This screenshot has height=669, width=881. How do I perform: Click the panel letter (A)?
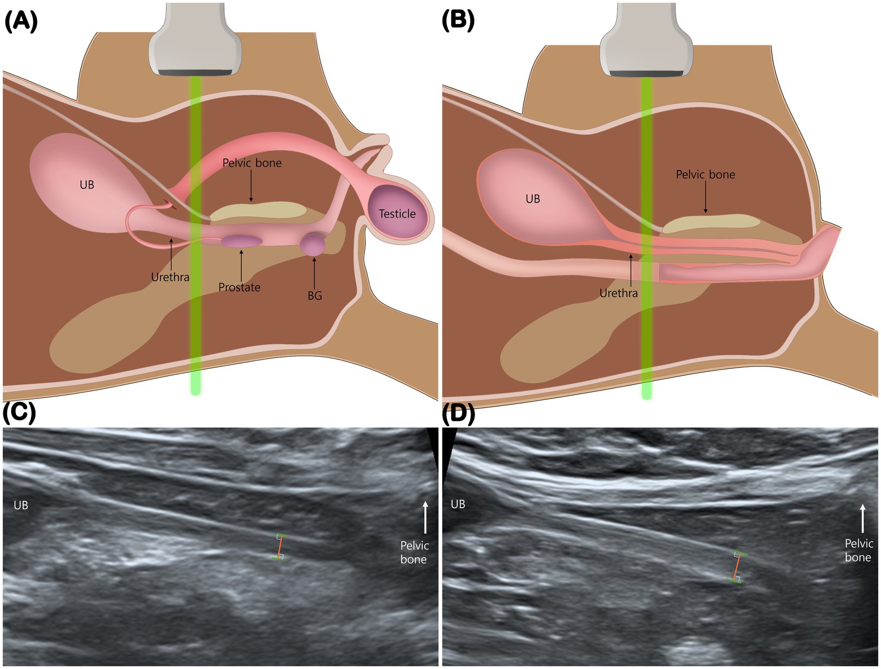tap(21, 21)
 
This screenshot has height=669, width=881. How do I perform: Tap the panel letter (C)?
tap(19, 412)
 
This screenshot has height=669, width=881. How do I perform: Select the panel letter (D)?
tap(458, 414)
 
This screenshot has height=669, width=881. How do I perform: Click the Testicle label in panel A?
tap(397, 214)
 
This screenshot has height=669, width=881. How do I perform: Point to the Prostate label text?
tap(239, 287)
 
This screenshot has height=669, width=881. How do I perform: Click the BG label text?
tap(315, 296)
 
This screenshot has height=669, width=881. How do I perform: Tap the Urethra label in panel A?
tap(170, 277)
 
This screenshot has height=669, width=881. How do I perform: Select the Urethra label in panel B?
tap(618, 293)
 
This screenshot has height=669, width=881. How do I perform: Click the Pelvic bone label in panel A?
tap(252, 163)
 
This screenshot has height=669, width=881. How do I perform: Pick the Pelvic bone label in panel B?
tap(705, 175)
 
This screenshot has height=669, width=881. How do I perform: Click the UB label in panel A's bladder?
tap(87, 185)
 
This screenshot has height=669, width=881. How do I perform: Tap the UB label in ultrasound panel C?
tap(21, 505)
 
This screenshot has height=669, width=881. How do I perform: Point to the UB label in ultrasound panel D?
tap(458, 504)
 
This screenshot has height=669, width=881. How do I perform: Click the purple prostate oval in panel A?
tap(241, 241)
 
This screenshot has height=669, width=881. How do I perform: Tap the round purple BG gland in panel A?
tap(312, 245)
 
